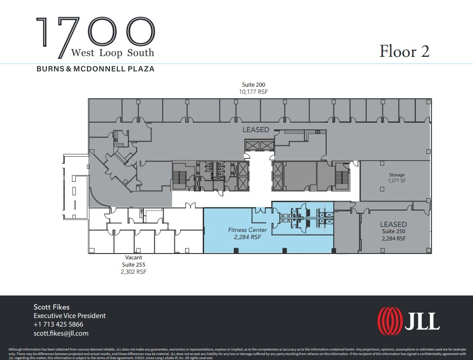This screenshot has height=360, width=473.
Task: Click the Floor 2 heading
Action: (x=404, y=51)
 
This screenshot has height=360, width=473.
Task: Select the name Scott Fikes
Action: (x=51, y=307)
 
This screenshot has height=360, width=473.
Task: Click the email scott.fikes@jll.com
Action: (x=61, y=333)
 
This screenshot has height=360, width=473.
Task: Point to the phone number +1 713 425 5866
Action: (x=58, y=324)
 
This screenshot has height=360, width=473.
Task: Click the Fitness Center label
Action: (x=247, y=230)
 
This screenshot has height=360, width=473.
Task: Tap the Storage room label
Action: (x=397, y=175)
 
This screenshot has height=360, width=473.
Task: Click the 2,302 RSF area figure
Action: (x=134, y=272)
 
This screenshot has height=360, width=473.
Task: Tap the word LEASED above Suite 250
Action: (x=393, y=224)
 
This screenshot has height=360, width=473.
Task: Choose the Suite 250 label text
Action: (x=393, y=232)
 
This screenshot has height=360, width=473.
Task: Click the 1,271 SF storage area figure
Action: (x=397, y=180)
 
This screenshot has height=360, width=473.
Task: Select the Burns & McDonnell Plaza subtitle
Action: (x=95, y=69)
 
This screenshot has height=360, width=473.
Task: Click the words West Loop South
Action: (x=113, y=53)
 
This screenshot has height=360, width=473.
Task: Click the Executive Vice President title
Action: (x=69, y=316)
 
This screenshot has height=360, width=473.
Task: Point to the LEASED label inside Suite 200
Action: (x=256, y=129)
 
